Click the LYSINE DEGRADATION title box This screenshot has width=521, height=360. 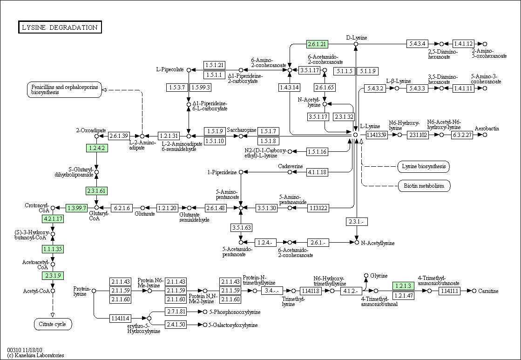pyautogui.click(x=60, y=27)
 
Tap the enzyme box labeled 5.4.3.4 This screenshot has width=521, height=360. pyautogui.click(x=417, y=43)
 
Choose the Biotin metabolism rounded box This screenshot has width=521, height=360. pyautogui.click(x=424, y=186)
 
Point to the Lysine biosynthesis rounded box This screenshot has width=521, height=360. pyautogui.click(x=424, y=167)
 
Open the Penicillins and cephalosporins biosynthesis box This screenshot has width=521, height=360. pyautogui.click(x=64, y=89)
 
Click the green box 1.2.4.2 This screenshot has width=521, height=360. pyautogui.click(x=97, y=148)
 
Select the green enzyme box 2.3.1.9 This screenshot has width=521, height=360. pyautogui.click(x=53, y=275)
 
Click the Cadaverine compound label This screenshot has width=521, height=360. pyautogui.click(x=291, y=166)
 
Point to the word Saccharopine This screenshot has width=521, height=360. pyautogui.click(x=242, y=130)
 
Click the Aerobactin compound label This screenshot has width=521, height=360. pyautogui.click(x=487, y=128)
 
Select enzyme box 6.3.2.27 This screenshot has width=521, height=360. pyautogui.click(x=462, y=135)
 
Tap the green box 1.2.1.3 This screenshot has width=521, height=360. pyautogui.click(x=403, y=286)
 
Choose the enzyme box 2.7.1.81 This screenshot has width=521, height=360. pyautogui.click(x=176, y=312)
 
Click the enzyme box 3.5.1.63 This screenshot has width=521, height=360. pyautogui.click(x=241, y=228)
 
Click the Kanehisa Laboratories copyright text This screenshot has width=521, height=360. pyautogui.click(x=35, y=355)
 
